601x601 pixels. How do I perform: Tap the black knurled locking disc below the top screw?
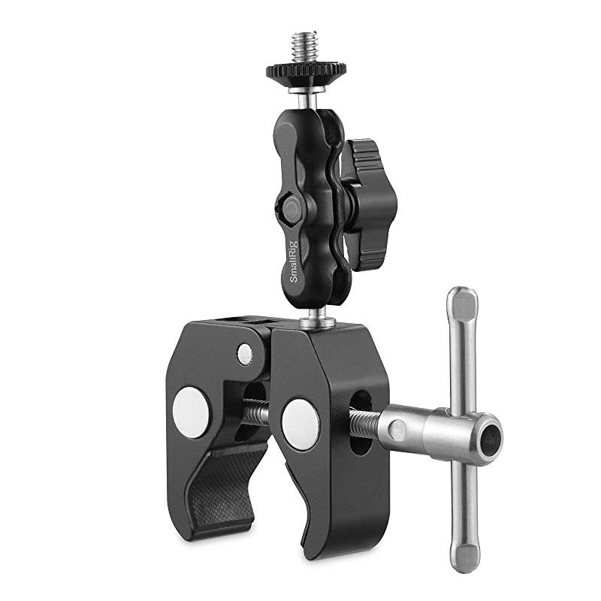coord(305,72)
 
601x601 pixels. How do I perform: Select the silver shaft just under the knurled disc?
coord(304,95)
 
